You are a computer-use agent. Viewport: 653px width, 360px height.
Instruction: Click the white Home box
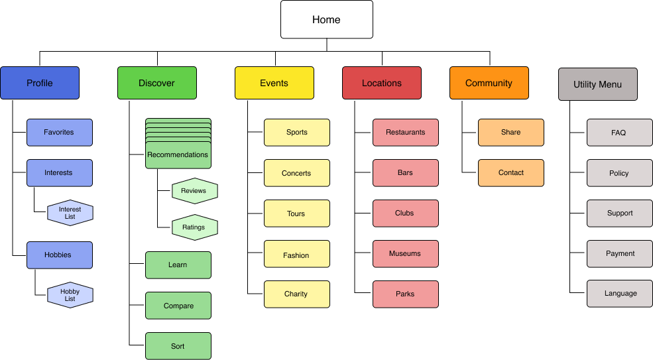pyautogui.click(x=326, y=19)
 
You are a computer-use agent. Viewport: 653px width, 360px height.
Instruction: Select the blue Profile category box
pyautogui.click(x=40, y=83)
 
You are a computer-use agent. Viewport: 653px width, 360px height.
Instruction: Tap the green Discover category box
pyautogui.click(x=157, y=83)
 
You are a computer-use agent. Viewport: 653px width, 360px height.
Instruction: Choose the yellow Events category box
pyautogui.click(x=274, y=83)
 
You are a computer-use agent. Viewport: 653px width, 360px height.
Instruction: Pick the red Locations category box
pyautogui.click(x=382, y=83)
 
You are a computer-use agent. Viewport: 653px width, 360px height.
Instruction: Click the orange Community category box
pyautogui.click(x=489, y=83)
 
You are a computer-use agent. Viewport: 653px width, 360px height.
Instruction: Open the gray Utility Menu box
pyautogui.click(x=598, y=84)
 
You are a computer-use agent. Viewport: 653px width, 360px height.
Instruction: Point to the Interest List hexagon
pyautogui.click(x=70, y=213)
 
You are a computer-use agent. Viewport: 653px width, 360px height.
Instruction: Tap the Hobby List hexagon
pyautogui.click(x=70, y=295)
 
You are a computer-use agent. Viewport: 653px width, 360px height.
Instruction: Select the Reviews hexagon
pyautogui.click(x=194, y=190)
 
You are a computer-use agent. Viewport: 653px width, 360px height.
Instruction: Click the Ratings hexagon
pyautogui.click(x=194, y=227)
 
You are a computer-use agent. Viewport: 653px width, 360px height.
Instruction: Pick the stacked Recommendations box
pyautogui.click(x=178, y=154)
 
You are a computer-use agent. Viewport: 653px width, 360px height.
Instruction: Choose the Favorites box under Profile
pyautogui.click(x=60, y=132)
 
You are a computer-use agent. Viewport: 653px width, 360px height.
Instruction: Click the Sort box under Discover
pyautogui.click(x=178, y=346)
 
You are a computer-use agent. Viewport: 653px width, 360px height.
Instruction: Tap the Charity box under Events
pyautogui.click(x=297, y=294)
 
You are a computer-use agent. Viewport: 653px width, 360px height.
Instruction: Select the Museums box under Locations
pyautogui.click(x=406, y=253)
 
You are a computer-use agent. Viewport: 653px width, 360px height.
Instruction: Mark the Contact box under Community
pyautogui.click(x=511, y=172)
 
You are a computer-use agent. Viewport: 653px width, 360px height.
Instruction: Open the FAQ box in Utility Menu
pyautogui.click(x=619, y=133)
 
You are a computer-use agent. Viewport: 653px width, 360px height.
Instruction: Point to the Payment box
pyautogui.click(x=619, y=253)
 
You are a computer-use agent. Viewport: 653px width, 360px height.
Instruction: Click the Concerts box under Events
pyautogui.click(x=297, y=173)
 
